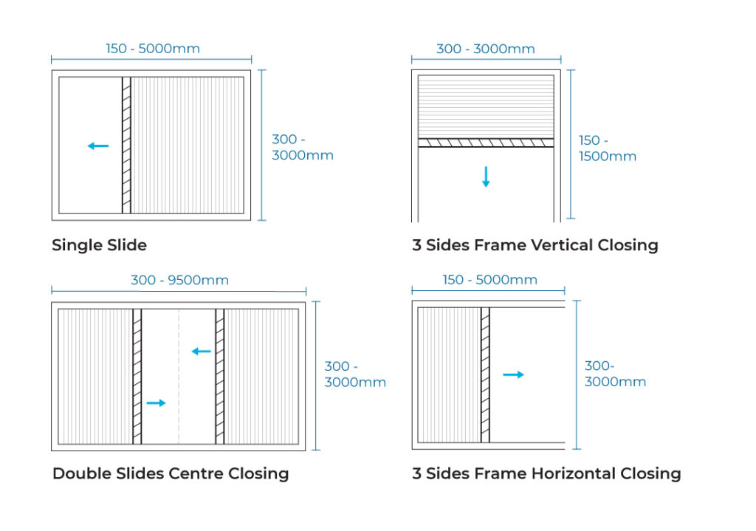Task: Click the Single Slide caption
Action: pos(100,245)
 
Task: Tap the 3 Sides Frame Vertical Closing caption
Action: pos(535,245)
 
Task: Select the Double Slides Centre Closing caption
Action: pos(171,473)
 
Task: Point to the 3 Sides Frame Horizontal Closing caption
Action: pos(547,473)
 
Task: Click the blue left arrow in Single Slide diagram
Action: pos(98,145)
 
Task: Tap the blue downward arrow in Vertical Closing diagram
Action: pos(486,177)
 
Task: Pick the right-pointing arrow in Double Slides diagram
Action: pos(157,402)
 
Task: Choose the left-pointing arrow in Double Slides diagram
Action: pos(202,351)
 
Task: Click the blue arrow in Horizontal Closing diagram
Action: pos(514,374)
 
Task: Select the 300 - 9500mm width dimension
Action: pos(180,280)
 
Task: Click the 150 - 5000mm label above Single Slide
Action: pos(153,49)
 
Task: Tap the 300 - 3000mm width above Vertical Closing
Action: pos(486,49)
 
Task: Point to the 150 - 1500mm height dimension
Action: pos(608,148)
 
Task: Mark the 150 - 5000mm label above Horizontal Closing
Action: pos(490,280)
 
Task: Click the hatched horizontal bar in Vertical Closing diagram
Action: pos(486,143)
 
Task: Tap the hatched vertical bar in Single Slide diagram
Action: pos(126,145)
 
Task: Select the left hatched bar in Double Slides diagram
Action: pos(137,377)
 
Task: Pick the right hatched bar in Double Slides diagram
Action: pos(220,377)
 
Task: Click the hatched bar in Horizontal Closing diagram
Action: pos(485,374)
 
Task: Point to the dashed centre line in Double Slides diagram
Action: pos(179,377)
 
